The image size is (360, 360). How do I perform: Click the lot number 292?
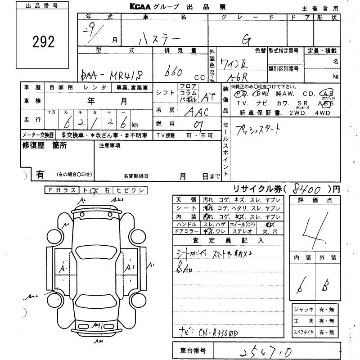click(x=44, y=42)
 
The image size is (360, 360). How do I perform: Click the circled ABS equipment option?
click(x=327, y=103)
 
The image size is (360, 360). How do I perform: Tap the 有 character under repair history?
click(x=40, y=174)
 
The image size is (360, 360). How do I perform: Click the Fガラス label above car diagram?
click(x=62, y=190)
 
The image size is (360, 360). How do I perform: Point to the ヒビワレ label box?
click(x=130, y=190)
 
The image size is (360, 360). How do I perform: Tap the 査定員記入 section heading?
click(x=229, y=240)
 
